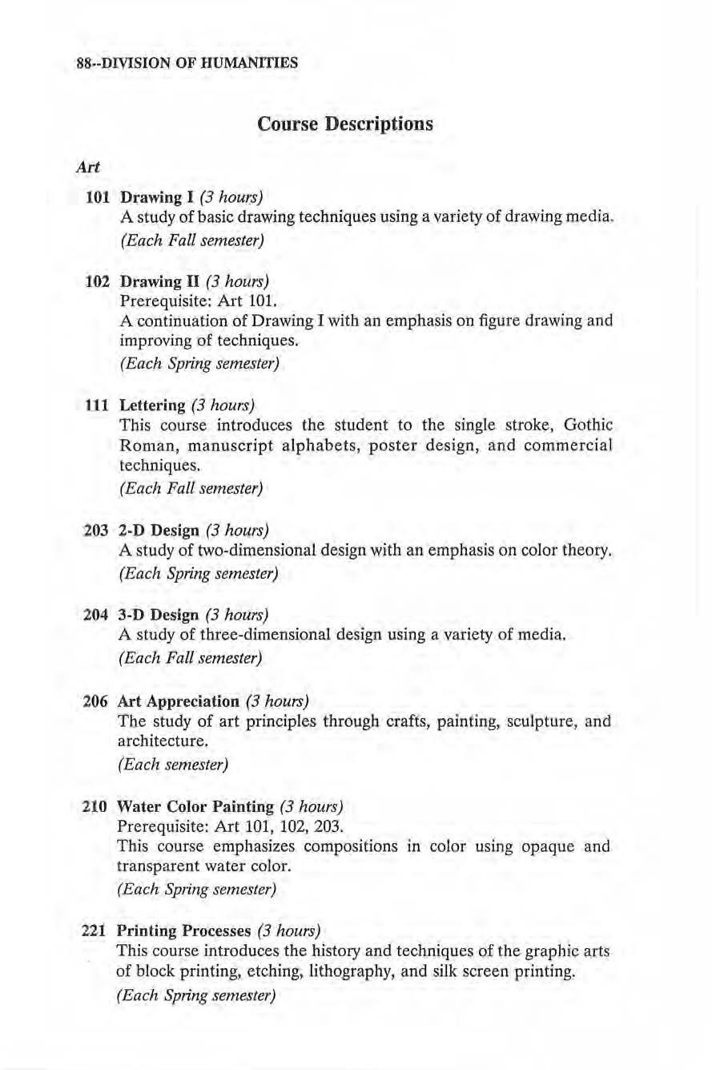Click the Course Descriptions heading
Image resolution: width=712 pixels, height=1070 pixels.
coord(344,124)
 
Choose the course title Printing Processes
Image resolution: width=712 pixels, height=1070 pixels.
coord(183,931)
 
